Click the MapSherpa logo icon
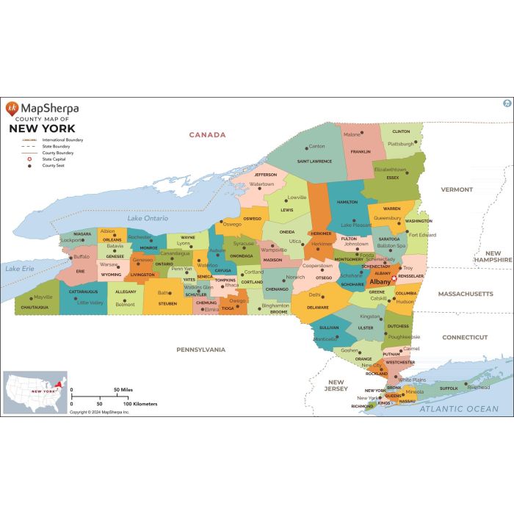[x=12, y=109]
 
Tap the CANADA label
[x=207, y=135]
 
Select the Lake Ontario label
[x=148, y=218]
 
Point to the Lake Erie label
[x=20, y=269]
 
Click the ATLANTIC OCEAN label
[x=459, y=409]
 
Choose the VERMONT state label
[x=457, y=189]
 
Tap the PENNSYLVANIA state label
[x=200, y=350]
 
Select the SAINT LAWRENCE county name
[x=314, y=161]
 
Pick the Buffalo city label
[x=82, y=256]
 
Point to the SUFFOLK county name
[x=449, y=388]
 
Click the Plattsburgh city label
[x=401, y=144]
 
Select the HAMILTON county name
[x=347, y=202]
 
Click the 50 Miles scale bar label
[x=122, y=390]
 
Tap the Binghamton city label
[x=275, y=305]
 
